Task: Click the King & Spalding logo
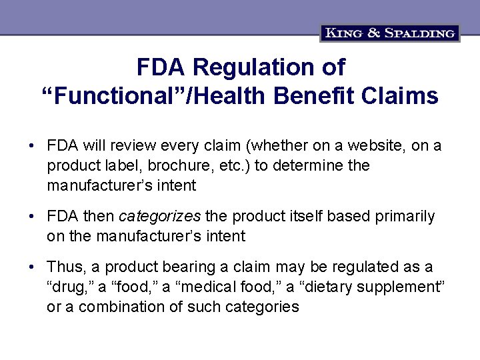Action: (390, 32)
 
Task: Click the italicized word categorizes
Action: (160, 217)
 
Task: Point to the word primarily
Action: (406, 217)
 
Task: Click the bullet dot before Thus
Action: (31, 267)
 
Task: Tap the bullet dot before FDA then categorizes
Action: (31, 217)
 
